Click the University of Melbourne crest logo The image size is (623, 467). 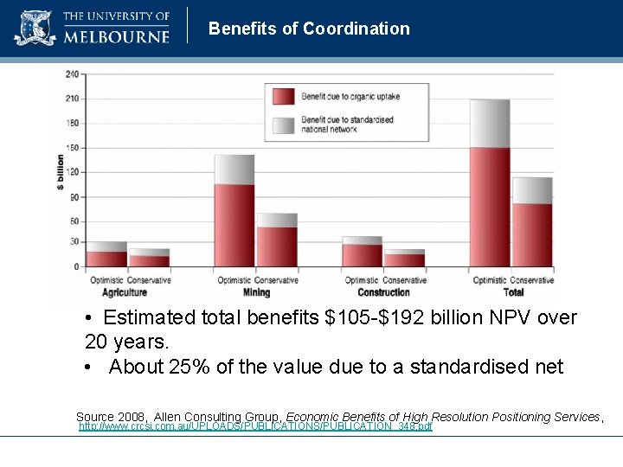pos(35,28)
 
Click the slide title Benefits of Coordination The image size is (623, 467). pos(309,29)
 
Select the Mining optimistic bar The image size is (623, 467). pos(234,211)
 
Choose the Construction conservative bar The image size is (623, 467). pos(404,258)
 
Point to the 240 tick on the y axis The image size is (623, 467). pos(72,74)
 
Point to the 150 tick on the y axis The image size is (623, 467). pos(72,147)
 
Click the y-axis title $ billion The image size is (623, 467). pos(61,173)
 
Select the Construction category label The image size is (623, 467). pos(383,292)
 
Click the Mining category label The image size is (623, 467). pos(256,292)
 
